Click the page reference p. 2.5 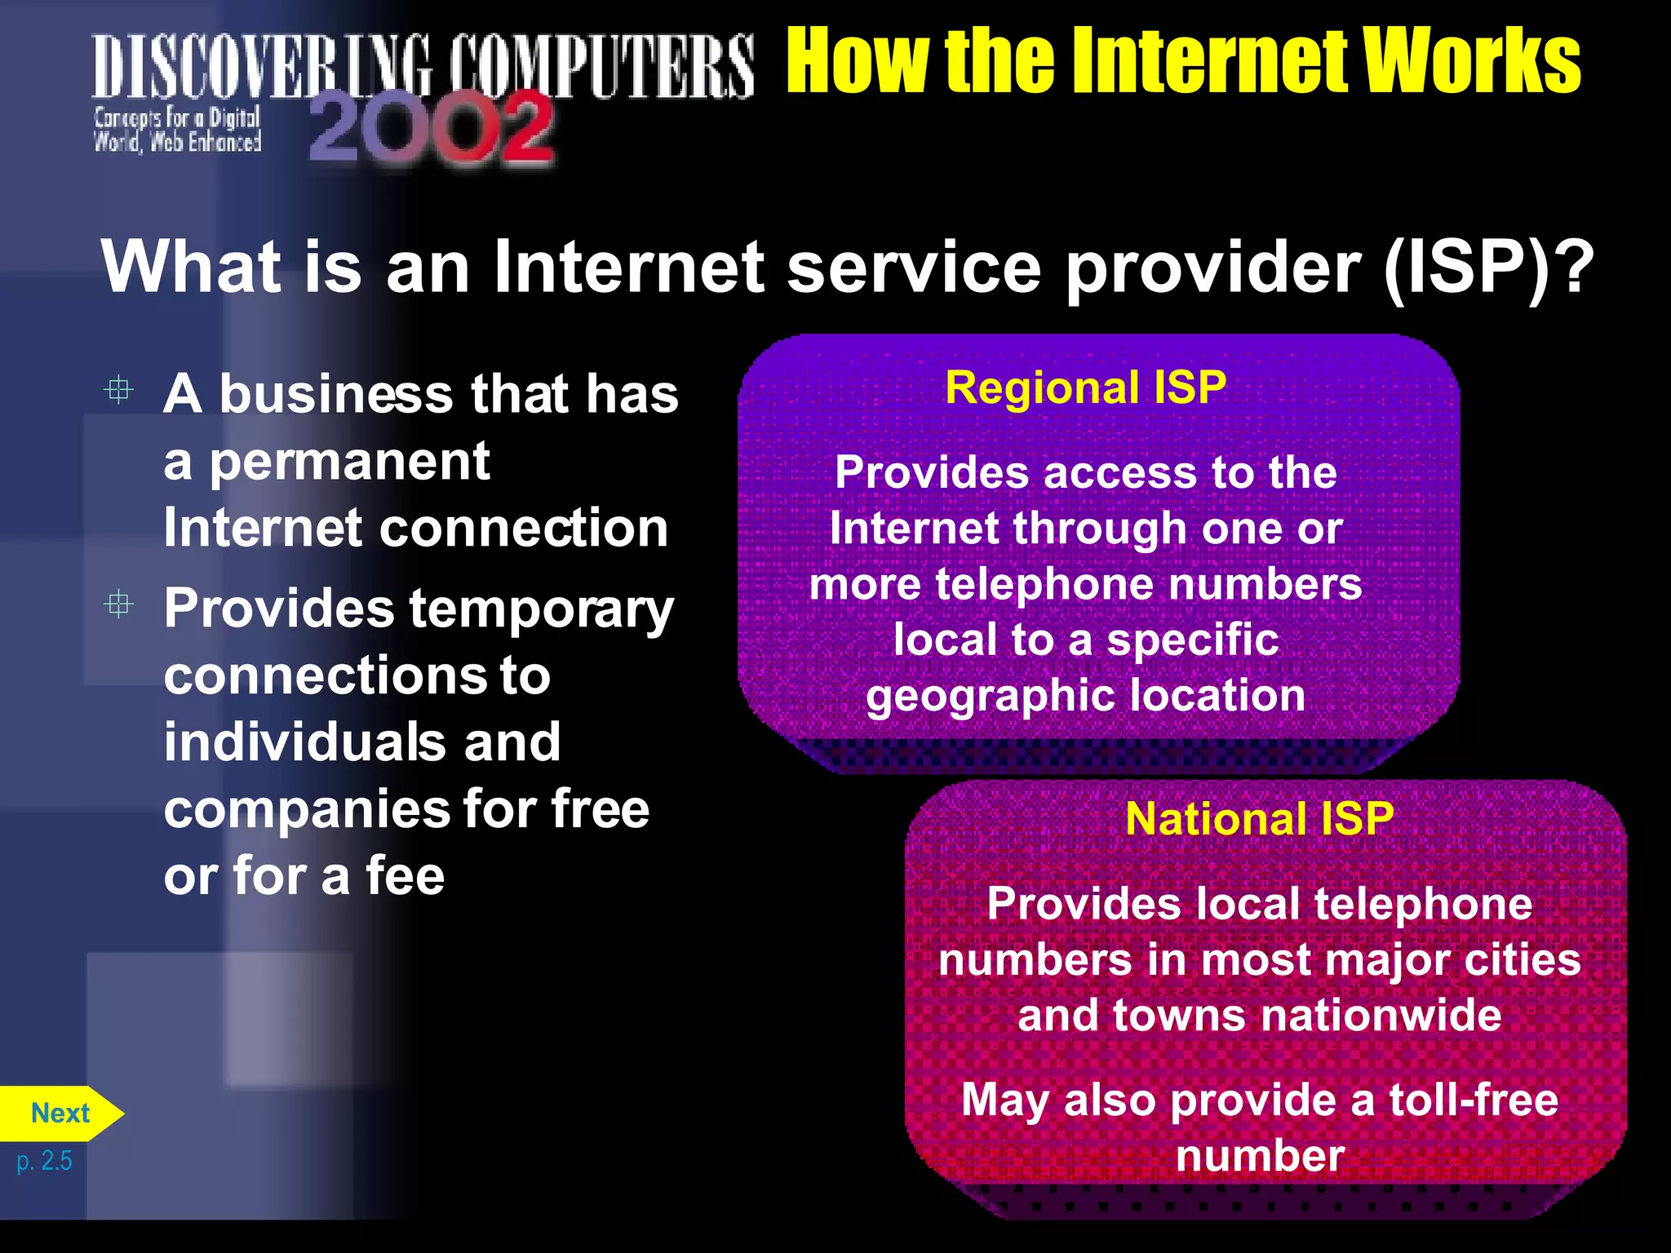(45, 1160)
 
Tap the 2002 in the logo (431, 127)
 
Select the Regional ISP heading (1085, 387)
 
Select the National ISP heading (1259, 818)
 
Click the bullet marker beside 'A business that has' (119, 390)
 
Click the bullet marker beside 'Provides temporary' (119, 604)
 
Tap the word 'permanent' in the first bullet (350, 463)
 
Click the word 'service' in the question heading (914, 268)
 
